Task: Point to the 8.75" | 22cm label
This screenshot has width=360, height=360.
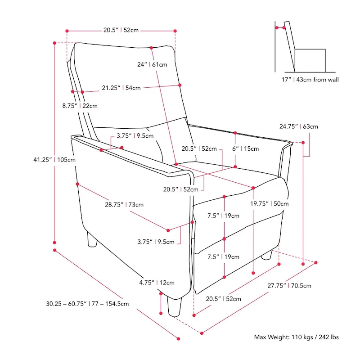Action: click(80, 106)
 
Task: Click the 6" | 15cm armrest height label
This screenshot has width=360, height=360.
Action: click(245, 148)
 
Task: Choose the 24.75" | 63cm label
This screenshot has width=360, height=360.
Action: click(298, 126)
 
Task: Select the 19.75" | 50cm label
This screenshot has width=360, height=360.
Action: click(270, 203)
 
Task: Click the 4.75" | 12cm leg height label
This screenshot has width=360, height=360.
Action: click(157, 283)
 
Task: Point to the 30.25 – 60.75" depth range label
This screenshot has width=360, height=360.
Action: click(87, 304)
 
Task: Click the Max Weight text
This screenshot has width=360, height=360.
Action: click(297, 337)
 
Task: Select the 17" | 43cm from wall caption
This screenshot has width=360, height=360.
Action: click(308, 80)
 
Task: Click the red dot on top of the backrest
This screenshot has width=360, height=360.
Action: click(151, 47)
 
